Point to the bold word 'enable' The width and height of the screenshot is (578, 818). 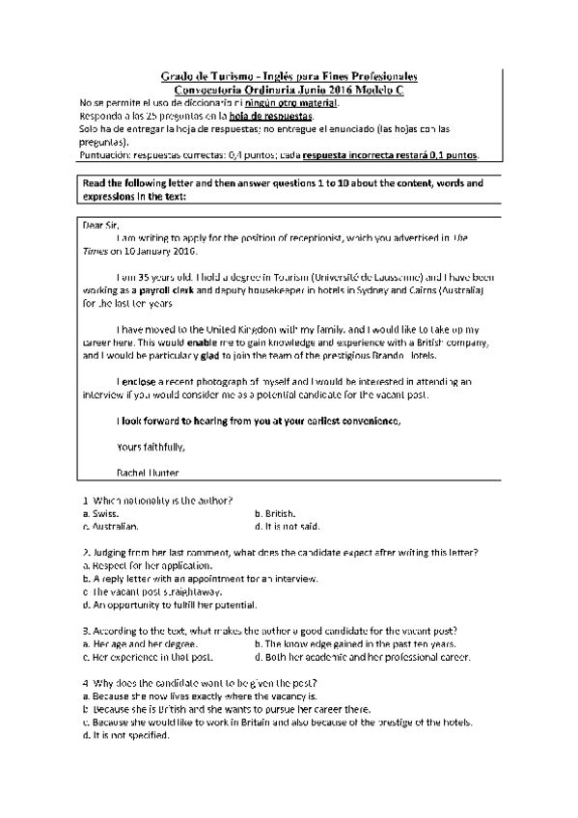(x=205, y=342)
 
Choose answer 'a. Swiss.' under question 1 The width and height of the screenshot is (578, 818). (x=100, y=514)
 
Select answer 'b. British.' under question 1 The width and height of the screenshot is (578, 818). (x=275, y=514)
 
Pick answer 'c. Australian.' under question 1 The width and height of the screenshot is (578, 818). (x=111, y=527)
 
